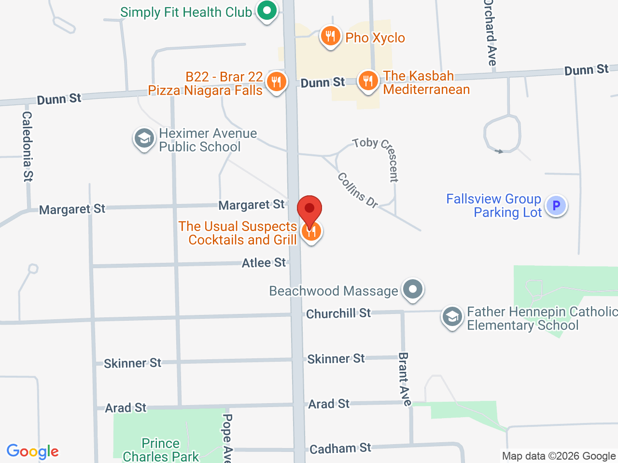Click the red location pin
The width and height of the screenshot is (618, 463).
click(309, 210)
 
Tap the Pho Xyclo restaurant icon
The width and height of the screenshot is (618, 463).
click(330, 36)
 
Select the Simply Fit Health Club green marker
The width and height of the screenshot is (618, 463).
click(267, 10)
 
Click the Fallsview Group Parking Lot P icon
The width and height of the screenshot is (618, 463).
click(556, 205)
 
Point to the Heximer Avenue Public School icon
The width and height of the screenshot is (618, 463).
click(144, 139)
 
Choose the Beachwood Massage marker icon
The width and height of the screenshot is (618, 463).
click(413, 290)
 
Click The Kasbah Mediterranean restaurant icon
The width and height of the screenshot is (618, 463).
click(368, 81)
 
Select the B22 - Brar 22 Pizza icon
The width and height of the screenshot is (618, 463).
click(276, 82)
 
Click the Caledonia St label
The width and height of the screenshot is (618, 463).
click(28, 147)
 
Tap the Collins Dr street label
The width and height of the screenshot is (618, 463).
click(357, 190)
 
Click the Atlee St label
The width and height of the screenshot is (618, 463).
click(264, 263)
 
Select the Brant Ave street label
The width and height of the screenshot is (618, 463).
click(404, 379)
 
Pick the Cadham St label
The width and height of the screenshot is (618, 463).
click(340, 449)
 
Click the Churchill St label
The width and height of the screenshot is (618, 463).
click(338, 313)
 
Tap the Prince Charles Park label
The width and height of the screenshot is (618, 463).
click(161, 450)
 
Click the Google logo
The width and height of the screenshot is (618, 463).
click(32, 452)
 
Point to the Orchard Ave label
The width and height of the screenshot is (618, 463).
click(490, 33)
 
